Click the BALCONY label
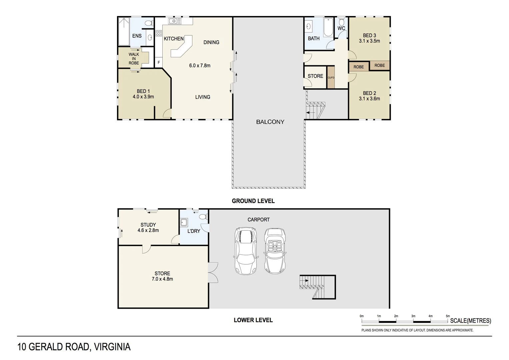[x=270, y=122]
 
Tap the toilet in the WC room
[x=341, y=22]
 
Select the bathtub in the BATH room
[x=328, y=27]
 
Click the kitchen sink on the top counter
[x=175, y=21]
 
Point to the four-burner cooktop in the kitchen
[x=159, y=33]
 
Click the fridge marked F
[x=159, y=63]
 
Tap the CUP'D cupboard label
[x=331, y=78]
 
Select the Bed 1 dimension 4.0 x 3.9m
[x=143, y=97]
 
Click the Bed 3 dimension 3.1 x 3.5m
[x=369, y=41]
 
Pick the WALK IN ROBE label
[x=134, y=59]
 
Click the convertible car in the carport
[x=275, y=251]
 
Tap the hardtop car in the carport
[x=246, y=251]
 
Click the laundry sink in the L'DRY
[x=184, y=223]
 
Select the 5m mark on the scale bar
[x=448, y=316]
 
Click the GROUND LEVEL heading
[x=253, y=201]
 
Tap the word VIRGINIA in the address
[x=112, y=347]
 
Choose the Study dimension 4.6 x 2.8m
[x=148, y=230]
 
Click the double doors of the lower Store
[x=213, y=273]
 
